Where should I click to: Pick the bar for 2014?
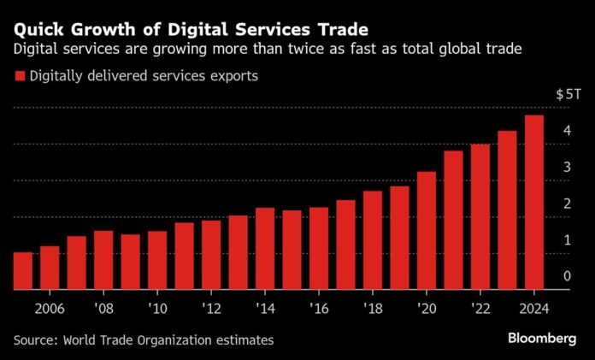tap(265, 247)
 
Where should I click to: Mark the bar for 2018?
tap(373, 239)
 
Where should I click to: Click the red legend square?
tap(19, 77)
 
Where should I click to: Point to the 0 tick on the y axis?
tap(567, 276)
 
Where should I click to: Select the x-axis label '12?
tap(212, 307)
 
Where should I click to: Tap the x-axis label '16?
tap(319, 307)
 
